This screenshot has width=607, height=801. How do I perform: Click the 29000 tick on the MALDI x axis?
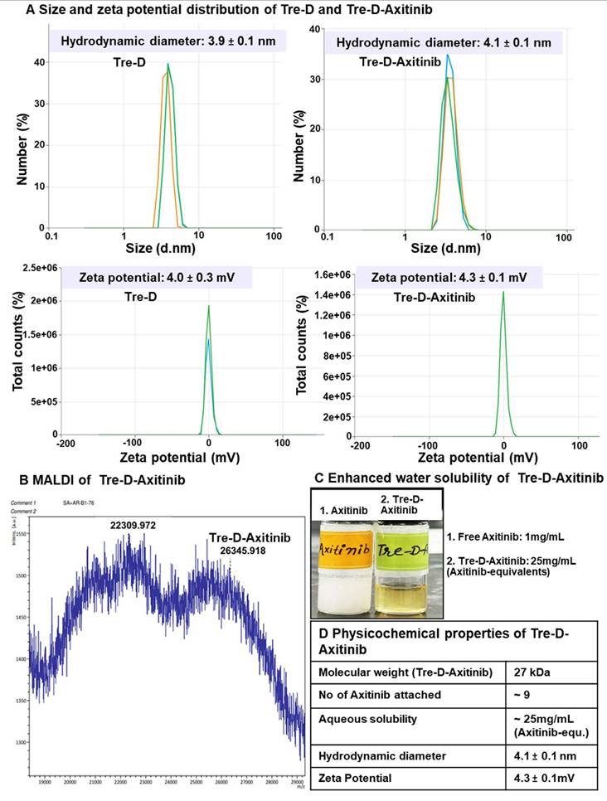pos(295,781)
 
